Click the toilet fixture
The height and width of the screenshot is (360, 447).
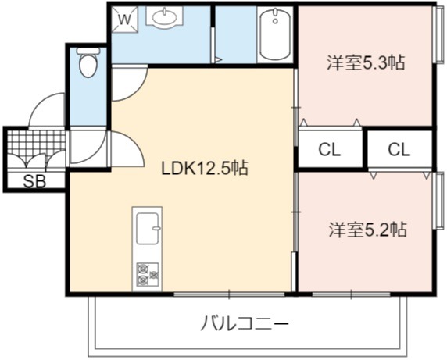pos(88,62)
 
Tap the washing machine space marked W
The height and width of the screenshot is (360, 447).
pos(124,20)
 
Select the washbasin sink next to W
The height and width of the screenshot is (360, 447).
pos(164,16)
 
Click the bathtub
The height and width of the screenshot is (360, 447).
pos(275,34)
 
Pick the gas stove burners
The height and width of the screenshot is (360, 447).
pos(148,275)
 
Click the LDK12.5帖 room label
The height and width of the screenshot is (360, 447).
pos(205,169)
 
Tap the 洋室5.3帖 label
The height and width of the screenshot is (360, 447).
pos(366,62)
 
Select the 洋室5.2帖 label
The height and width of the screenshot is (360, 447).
pos(367,230)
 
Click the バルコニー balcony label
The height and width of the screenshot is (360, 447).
pos(245,324)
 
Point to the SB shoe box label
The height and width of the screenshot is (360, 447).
pos(34,181)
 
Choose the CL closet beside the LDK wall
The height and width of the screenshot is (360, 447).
pos(330,149)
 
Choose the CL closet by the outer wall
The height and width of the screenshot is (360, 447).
pos(399,149)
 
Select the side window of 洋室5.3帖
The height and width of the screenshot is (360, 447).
pos(438,34)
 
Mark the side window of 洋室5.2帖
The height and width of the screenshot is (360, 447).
pos(438,200)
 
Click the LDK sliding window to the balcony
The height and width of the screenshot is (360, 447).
pos(229,294)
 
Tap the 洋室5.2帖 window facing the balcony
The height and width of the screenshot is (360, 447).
pos(351,294)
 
